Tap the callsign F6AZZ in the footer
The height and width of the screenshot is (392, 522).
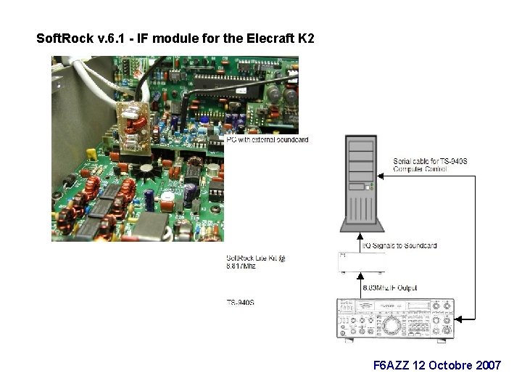[x=390, y=365]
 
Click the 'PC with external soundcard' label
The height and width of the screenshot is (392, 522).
[x=267, y=139]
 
